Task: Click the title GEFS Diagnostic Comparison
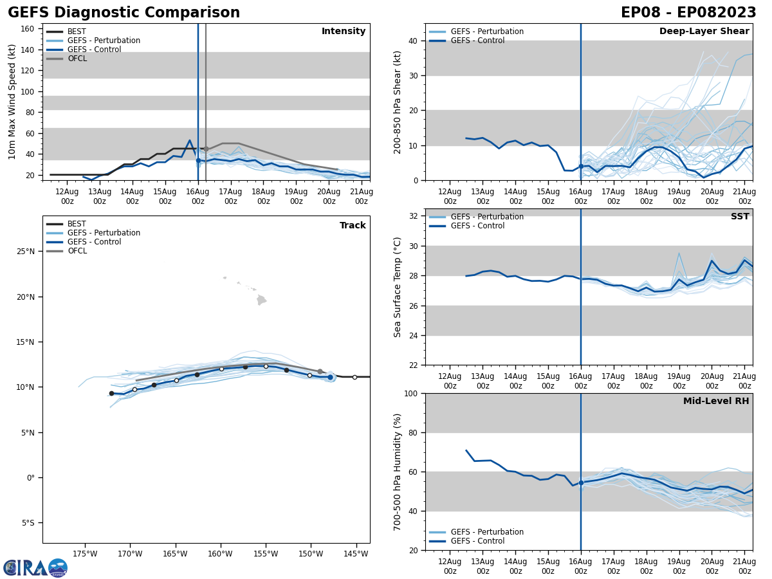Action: tap(124, 13)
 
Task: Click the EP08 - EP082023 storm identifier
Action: tap(688, 13)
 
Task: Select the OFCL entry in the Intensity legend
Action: tap(77, 59)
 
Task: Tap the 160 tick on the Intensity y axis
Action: tap(30, 28)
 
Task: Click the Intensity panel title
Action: tap(344, 32)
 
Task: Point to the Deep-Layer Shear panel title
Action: tap(704, 32)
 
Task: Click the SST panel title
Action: tap(740, 217)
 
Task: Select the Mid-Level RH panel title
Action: tap(716, 401)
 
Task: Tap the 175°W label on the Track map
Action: tap(85, 554)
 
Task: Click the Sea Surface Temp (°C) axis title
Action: tap(398, 287)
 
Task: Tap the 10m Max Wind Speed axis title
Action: tap(12, 102)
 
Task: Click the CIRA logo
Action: tap(35, 567)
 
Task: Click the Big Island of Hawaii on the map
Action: tap(261, 300)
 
